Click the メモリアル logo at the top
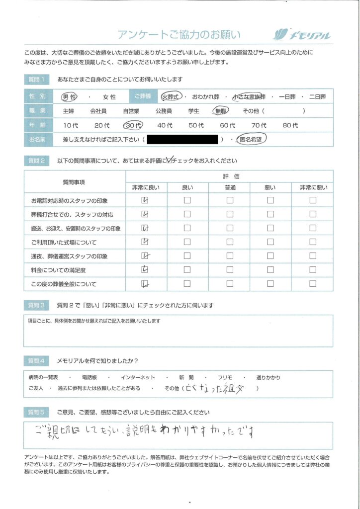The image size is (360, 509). point(302,35)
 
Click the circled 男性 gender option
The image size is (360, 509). point(69,97)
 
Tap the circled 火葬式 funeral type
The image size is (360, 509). point(172,97)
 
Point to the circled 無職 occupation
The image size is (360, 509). point(221,111)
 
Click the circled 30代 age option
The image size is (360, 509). point(133,126)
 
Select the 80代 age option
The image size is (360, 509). point(290,126)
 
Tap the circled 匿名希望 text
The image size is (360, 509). point(252,140)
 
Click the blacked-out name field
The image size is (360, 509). point(182,140)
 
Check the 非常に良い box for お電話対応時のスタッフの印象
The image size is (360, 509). point(145,200)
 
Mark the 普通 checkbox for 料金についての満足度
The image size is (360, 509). point(230,270)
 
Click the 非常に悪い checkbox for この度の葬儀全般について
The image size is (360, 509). point(313,284)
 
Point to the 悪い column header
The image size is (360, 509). point(270,187)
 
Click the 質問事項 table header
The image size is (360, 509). point(74,182)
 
